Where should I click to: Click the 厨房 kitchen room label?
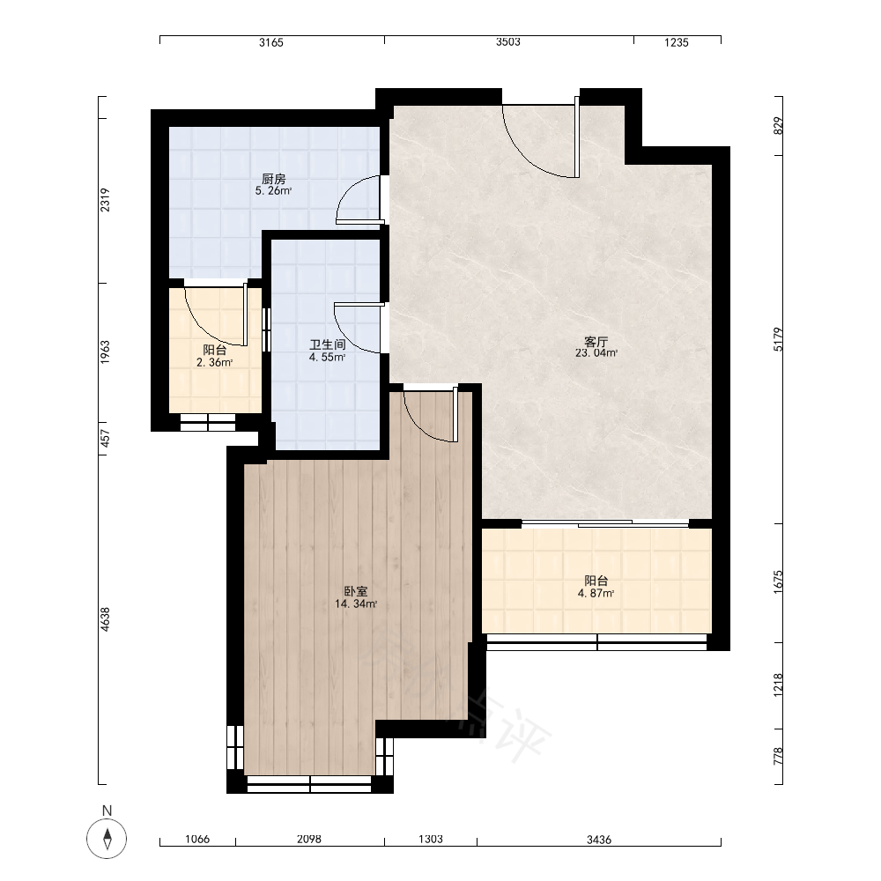point(274,179)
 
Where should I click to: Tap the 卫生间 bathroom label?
point(327,344)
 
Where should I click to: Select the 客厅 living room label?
point(596,342)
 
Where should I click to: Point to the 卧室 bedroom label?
point(356,592)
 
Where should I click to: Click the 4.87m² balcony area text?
point(596,593)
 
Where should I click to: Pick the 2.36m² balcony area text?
point(215,362)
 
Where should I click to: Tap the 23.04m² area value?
point(596,353)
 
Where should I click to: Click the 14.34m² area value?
point(356,604)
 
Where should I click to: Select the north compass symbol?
point(107,839)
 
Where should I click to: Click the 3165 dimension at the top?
point(271,42)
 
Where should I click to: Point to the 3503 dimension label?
point(508,42)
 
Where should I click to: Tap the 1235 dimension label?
point(676,42)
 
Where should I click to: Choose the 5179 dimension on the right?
point(778,339)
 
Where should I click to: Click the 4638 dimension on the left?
point(105,619)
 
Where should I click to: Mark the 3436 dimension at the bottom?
point(599,840)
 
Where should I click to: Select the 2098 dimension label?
point(309,840)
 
